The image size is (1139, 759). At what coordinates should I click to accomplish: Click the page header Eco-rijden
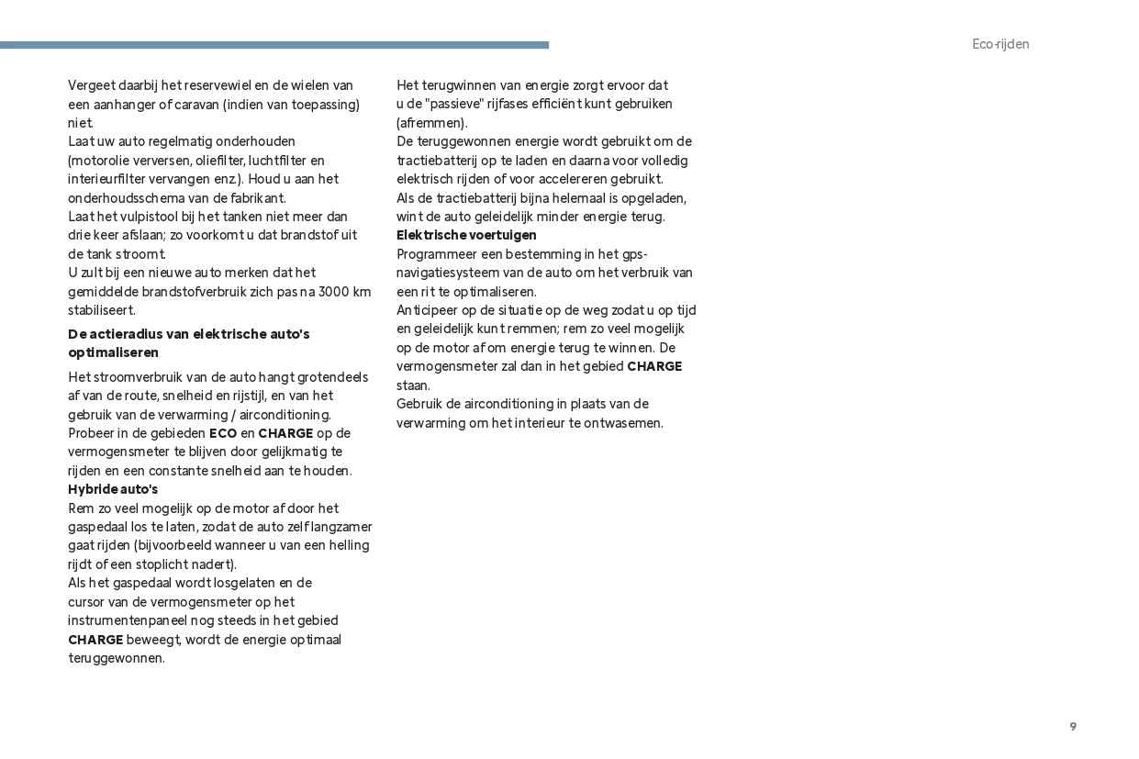tap(1000, 44)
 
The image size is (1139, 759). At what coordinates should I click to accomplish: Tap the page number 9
tap(1073, 727)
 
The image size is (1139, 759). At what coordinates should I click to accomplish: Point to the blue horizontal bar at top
tap(274, 45)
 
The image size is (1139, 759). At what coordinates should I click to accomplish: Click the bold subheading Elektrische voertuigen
tap(466, 235)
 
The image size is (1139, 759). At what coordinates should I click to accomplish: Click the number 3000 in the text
tap(333, 292)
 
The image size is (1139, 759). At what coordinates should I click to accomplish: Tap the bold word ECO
tap(223, 433)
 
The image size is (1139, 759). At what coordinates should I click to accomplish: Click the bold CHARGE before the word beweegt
tap(95, 640)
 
